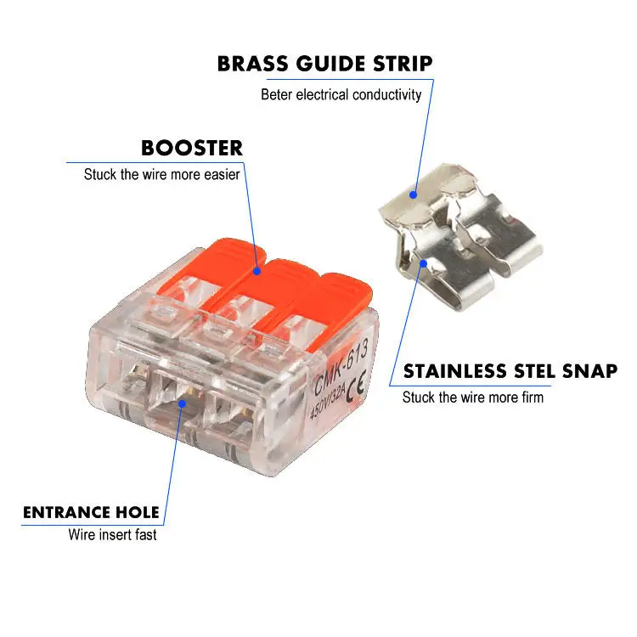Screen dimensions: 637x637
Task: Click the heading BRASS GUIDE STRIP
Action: (x=324, y=64)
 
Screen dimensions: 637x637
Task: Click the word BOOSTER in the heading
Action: (x=192, y=148)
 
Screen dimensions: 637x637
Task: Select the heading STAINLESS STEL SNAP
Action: (x=510, y=371)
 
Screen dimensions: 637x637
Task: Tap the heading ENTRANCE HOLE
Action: (x=91, y=512)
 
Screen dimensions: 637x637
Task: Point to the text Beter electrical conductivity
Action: (x=341, y=94)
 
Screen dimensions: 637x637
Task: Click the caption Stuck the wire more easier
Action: (x=161, y=175)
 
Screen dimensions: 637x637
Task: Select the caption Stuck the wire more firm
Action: (x=472, y=397)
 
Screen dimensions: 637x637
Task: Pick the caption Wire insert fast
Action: (x=112, y=535)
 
